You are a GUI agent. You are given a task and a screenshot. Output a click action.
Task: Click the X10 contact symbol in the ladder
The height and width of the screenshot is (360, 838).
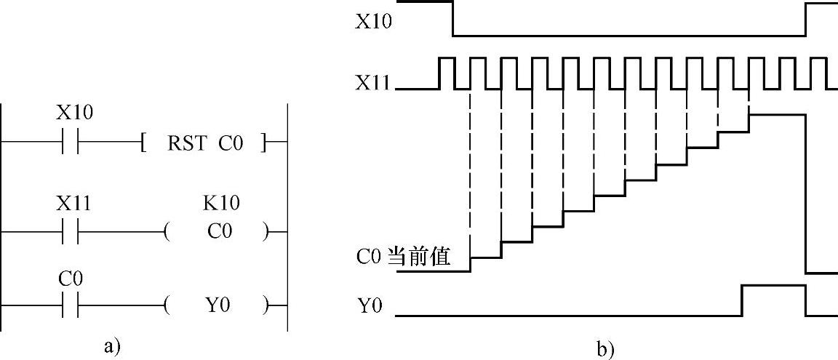point(71,143)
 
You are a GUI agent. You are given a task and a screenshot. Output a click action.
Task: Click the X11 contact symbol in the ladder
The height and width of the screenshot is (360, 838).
point(71,233)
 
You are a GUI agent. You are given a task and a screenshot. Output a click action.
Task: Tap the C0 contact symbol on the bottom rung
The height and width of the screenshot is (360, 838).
point(71,306)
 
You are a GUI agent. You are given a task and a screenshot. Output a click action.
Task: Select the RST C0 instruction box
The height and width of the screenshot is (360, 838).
point(204,143)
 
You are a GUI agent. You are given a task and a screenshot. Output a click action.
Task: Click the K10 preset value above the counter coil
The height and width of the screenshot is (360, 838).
point(221,203)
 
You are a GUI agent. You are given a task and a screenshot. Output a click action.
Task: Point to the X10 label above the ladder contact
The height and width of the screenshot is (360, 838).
point(74,113)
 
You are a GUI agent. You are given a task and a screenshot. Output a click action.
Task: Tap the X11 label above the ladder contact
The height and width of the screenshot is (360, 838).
point(73,204)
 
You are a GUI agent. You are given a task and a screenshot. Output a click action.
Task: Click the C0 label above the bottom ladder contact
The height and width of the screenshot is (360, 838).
point(70,279)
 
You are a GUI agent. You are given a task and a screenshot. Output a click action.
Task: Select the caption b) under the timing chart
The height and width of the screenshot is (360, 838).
point(605,349)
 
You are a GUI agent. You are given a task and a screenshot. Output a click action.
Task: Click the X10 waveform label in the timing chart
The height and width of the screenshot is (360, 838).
point(373,21)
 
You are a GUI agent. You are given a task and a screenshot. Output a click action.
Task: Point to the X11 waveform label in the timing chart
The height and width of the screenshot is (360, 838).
point(373,84)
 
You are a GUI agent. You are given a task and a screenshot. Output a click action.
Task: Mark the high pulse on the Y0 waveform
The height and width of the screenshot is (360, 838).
point(773,286)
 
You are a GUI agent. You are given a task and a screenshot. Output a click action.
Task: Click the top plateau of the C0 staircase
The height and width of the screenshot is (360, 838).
point(777,114)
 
